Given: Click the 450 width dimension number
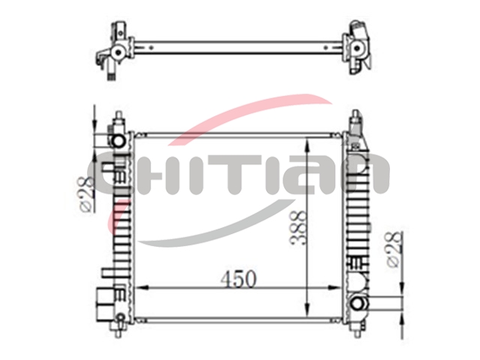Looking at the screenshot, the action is tap(238, 278).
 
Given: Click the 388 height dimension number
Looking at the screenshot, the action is tap(298, 227).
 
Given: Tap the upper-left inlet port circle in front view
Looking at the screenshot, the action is tap(118, 140).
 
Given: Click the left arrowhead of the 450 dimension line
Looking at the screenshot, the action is tap(142, 288).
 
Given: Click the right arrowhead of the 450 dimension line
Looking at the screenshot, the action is tap(334, 288).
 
